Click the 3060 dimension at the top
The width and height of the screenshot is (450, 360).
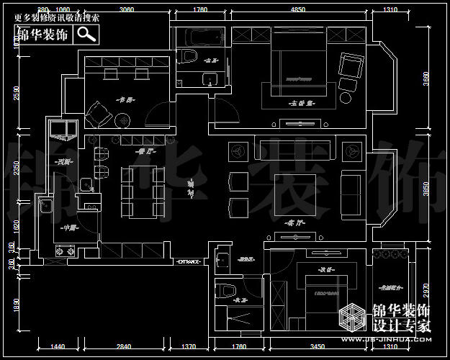point(126,9)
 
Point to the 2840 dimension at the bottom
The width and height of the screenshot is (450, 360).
point(123,347)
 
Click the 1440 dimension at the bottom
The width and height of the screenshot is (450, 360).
point(58,347)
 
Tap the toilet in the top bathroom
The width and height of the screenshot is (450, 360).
point(189,58)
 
